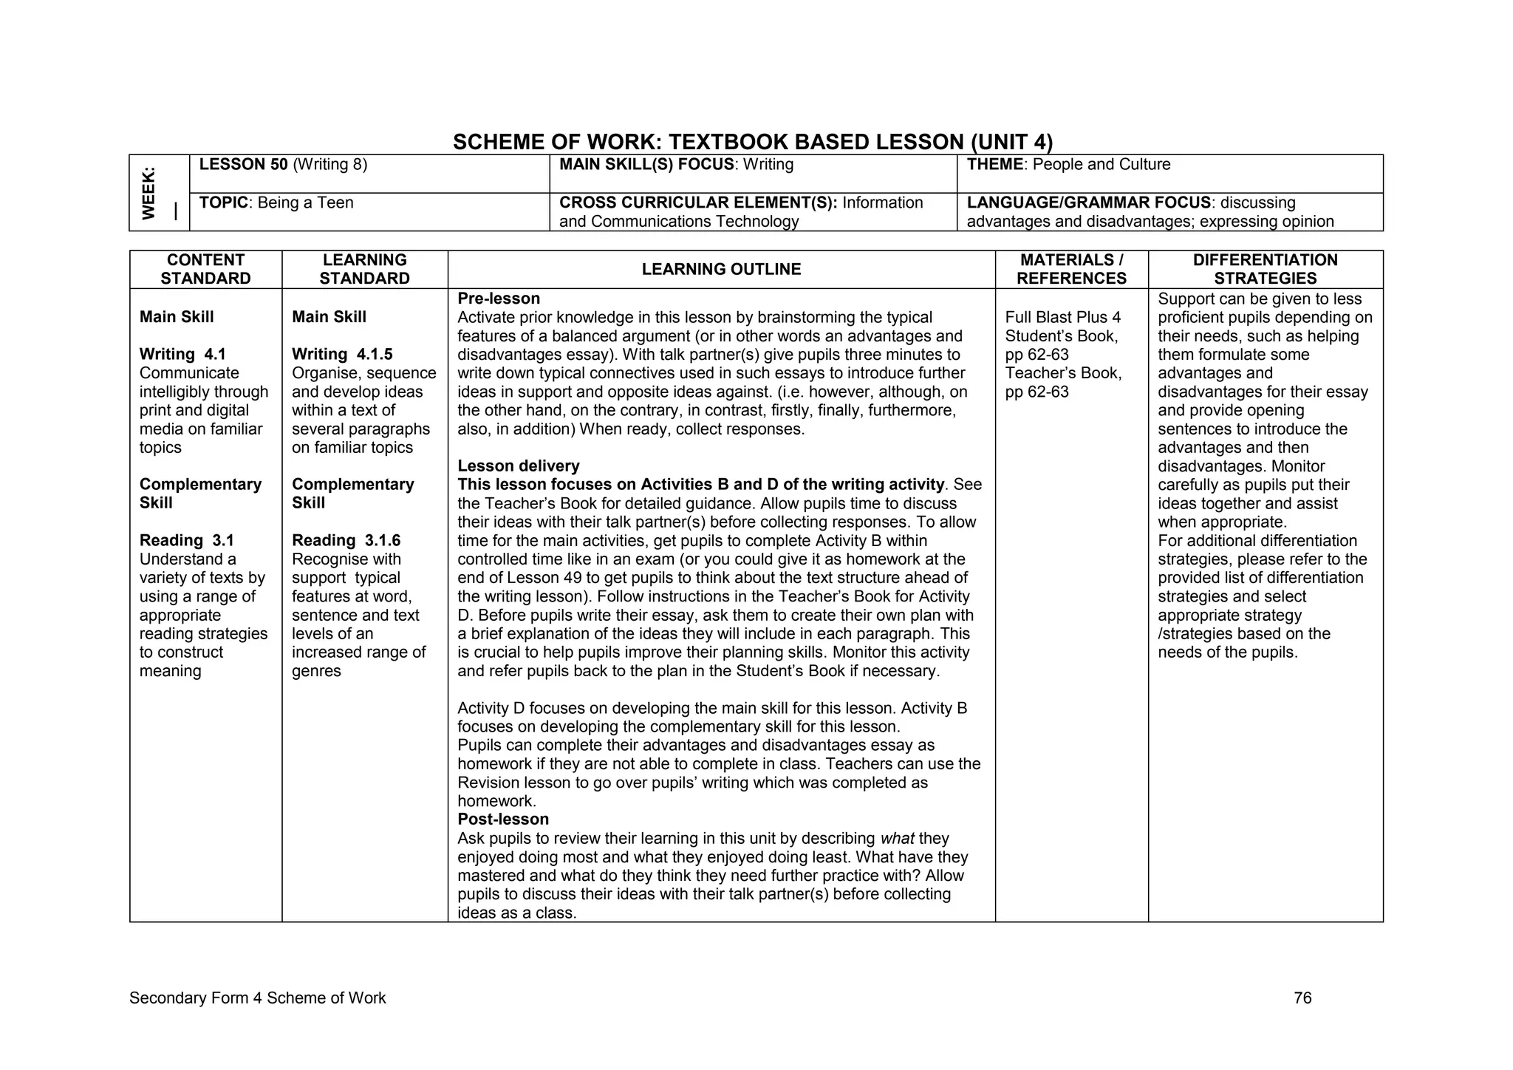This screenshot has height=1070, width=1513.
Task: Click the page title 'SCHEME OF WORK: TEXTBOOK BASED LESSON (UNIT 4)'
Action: (752, 142)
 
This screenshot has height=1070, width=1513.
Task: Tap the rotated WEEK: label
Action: (149, 193)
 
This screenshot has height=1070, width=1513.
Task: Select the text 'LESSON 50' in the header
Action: (243, 165)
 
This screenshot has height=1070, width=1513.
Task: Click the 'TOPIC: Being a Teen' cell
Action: (276, 203)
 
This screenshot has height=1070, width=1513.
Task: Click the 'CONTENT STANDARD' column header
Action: (205, 269)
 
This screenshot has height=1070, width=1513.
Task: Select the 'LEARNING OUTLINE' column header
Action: (721, 270)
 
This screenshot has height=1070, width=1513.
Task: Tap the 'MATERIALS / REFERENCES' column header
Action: (1071, 269)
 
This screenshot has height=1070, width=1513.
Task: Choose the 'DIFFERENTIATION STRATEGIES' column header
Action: (1265, 269)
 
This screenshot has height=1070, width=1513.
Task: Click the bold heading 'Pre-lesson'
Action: (499, 299)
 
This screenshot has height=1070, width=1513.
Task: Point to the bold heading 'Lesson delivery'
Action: (518, 466)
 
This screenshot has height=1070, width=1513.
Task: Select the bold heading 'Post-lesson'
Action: (503, 819)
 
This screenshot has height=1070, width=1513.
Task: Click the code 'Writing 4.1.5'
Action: (342, 355)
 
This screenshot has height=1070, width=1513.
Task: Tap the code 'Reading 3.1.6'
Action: (346, 541)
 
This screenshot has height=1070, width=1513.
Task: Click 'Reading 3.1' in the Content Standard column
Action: (182, 541)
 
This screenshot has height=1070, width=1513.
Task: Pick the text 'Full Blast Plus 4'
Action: (1062, 318)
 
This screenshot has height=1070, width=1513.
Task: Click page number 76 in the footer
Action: (1302, 998)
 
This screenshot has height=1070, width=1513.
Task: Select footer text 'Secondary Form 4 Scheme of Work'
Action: (257, 998)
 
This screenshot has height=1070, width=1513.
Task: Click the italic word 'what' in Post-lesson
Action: (897, 839)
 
